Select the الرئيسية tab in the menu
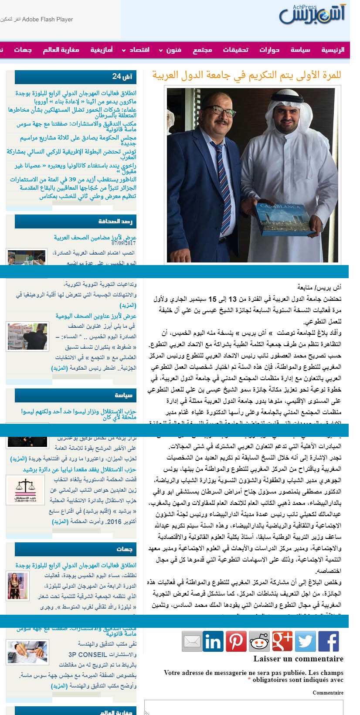pyautogui.click(x=333, y=50)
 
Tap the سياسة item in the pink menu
pyautogui.click(x=300, y=50)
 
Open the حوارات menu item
pyautogui.click(x=269, y=50)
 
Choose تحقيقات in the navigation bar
pyautogui.click(x=235, y=50)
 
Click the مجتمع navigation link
pyautogui.click(x=202, y=50)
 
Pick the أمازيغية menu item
pyautogui.click(x=101, y=50)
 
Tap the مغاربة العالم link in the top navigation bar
pyautogui.click(x=61, y=50)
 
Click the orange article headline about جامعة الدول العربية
pyautogui.click(x=246, y=75)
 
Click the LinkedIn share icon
pyautogui.click(x=213, y=641)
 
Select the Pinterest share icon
pyautogui.click(x=236, y=641)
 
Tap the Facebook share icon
pyautogui.click(x=328, y=641)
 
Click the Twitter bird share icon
pyautogui.click(x=305, y=641)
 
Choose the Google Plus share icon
pyautogui.click(x=282, y=641)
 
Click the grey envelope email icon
pyautogui.click(x=192, y=641)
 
